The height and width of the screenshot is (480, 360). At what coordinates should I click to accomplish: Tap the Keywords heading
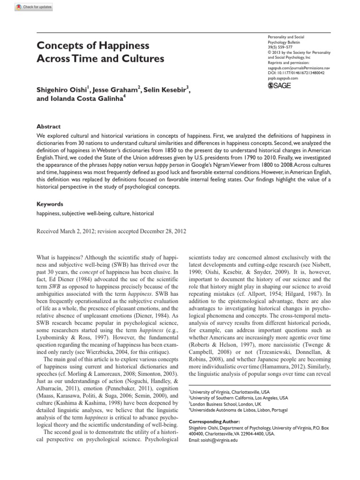tap(49, 204)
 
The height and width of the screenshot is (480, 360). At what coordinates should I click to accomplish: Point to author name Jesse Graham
tap(118, 90)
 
